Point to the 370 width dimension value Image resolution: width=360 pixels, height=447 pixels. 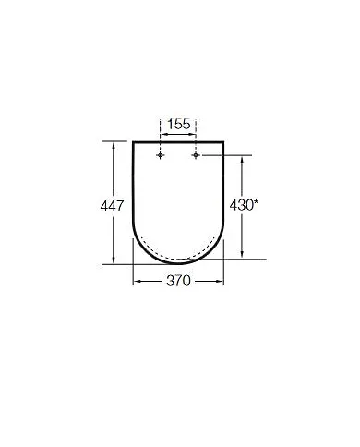click(180, 282)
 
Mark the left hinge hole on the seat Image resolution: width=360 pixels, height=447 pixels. click(162, 156)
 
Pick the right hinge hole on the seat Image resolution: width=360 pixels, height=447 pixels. click(197, 156)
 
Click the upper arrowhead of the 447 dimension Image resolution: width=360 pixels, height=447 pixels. click(114, 143)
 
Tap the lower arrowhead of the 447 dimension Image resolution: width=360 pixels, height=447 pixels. click(114, 260)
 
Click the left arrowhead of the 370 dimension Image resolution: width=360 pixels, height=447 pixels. click(137, 282)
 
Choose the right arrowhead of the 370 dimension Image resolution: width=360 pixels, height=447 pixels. click(222, 282)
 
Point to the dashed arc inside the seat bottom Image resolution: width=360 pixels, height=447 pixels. click(180, 252)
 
